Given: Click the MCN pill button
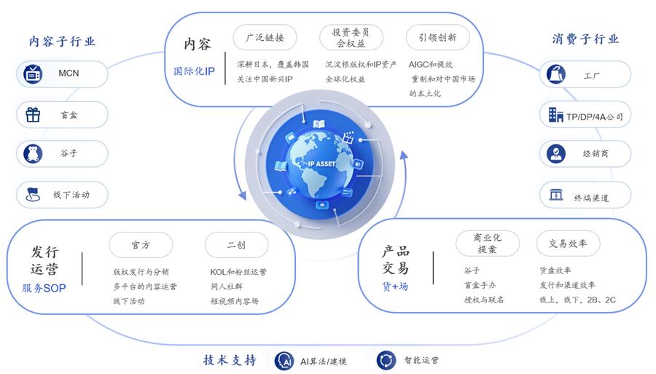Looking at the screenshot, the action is pos(61,74).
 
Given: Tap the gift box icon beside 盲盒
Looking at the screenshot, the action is pos(32,114).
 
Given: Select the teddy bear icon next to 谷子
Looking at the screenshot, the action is pos(32,154).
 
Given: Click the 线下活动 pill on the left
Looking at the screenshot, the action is pos(62,195).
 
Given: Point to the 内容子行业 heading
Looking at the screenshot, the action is pos(62,41).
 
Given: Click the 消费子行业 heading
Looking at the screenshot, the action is pos(585,39).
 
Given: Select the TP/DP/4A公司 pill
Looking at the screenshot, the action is pos(585,115).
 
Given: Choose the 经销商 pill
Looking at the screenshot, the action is pos(585,154).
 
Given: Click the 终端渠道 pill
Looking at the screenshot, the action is pos(585,196).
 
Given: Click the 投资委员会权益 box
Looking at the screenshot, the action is pos(351,37).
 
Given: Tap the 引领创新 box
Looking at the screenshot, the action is pos(437,37).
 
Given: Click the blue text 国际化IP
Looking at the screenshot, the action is pos(193,71).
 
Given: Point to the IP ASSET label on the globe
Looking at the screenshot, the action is pos(321,164).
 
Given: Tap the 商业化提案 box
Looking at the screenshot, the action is pos(486,243).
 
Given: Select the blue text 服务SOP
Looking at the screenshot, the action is pos(44,288).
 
